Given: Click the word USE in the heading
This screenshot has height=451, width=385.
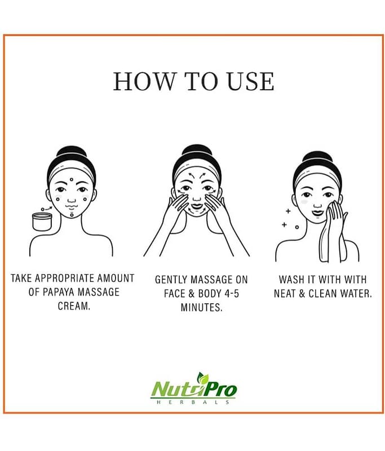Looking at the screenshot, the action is coord(251,81).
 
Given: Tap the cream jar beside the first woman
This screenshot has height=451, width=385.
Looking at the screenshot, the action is coord(42,222).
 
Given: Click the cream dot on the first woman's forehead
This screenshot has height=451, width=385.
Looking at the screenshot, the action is coord(72,180).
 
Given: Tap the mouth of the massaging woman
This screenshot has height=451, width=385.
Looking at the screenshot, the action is coord(197,206).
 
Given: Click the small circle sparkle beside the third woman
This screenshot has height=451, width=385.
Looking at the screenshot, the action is coord(297,227).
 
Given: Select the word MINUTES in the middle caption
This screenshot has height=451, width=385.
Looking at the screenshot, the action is coord(202,308).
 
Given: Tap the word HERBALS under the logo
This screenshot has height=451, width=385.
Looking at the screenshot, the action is coord(193,402).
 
